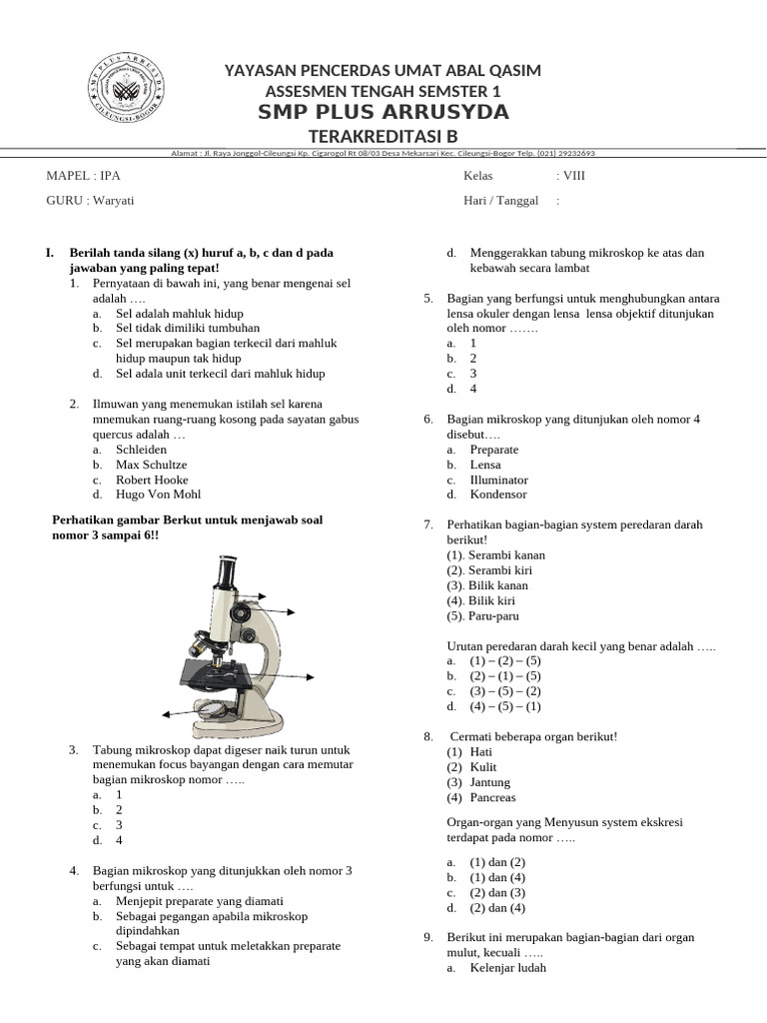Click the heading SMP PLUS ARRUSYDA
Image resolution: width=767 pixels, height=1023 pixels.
click(383, 112)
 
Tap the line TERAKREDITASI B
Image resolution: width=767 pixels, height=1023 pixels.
click(383, 136)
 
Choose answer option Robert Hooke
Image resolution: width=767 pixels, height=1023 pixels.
click(151, 480)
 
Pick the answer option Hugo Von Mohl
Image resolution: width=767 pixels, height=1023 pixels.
click(158, 495)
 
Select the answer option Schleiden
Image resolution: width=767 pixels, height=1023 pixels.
click(142, 450)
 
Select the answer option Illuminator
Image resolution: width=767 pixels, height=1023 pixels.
click(498, 480)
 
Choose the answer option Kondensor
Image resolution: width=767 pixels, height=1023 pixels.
click(498, 495)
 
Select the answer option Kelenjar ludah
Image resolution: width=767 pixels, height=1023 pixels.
click(508, 968)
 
